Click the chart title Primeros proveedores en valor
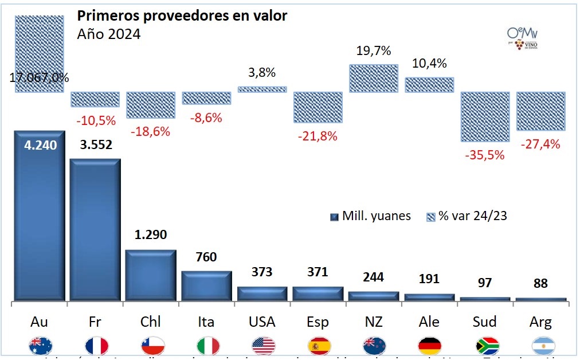182,15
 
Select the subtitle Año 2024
108,34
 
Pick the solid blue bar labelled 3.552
95,229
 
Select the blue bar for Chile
150,275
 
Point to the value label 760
206,257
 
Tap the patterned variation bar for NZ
374,78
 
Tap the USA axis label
262,322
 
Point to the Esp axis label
318,322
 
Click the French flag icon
96,346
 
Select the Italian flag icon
208,346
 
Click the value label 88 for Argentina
540,283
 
